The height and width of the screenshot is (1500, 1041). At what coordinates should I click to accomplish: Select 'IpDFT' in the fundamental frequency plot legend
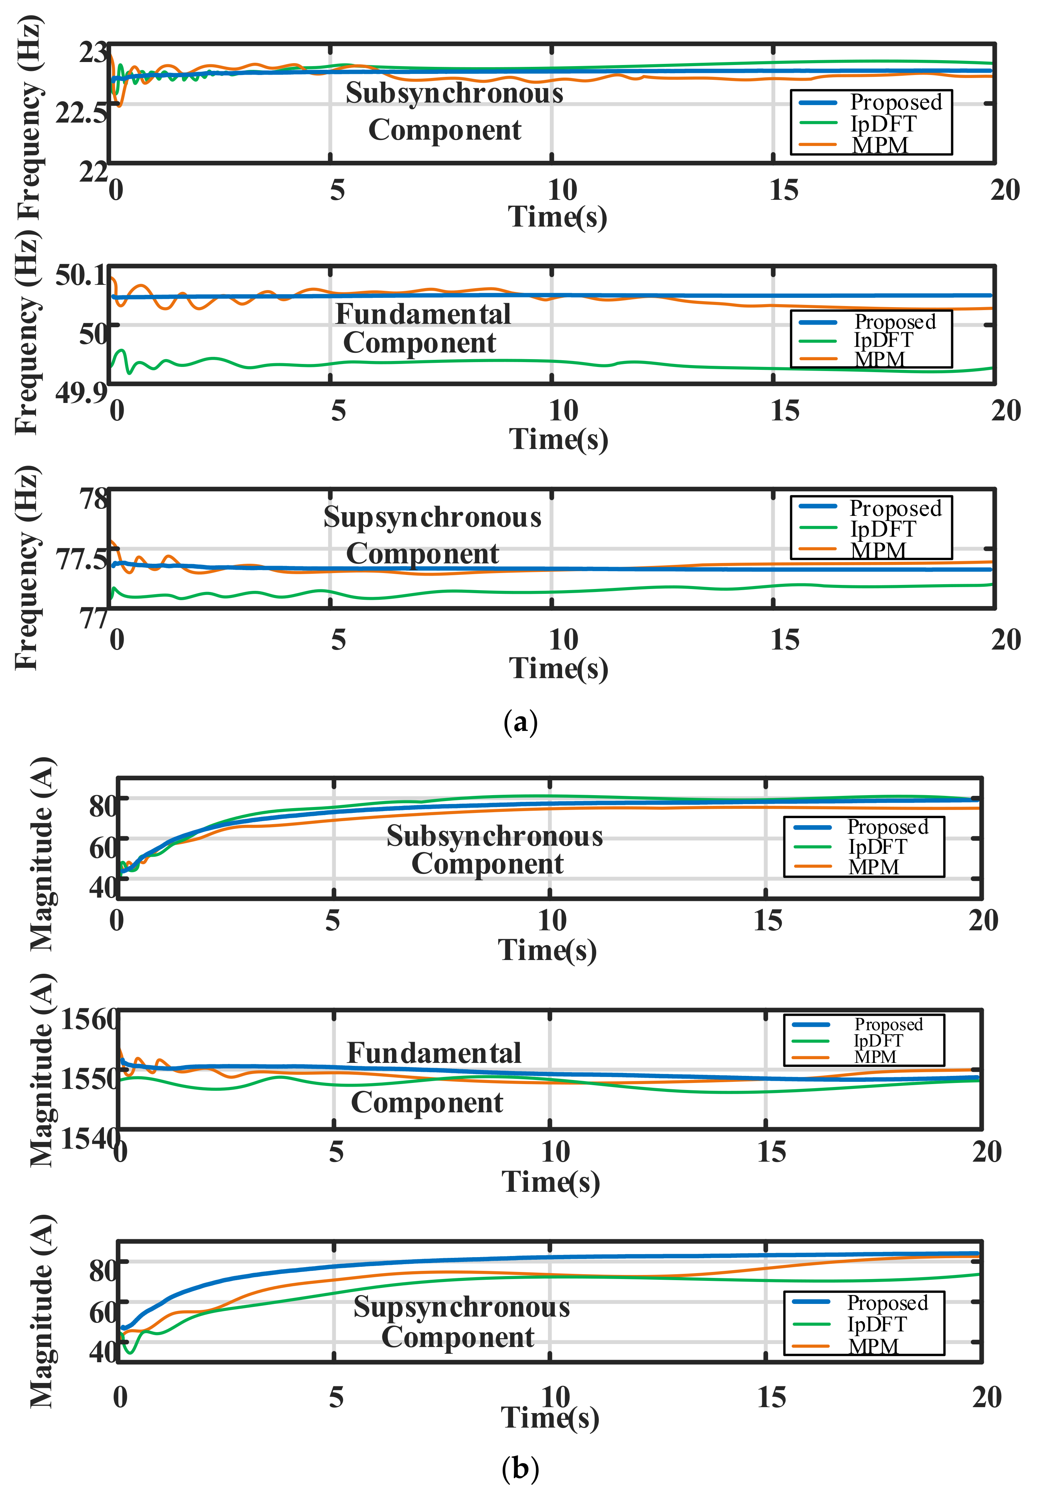click(883, 340)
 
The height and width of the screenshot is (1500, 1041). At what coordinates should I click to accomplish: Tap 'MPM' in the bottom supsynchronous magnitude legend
click(873, 1346)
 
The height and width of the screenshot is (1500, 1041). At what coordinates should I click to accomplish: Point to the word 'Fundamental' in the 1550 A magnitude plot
click(434, 1053)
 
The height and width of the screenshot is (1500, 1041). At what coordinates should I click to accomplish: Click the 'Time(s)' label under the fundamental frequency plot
click(558, 439)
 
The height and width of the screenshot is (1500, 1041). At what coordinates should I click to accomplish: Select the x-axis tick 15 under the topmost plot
click(783, 191)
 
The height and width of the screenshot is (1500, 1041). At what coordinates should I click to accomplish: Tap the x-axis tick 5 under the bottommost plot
click(336, 1397)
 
